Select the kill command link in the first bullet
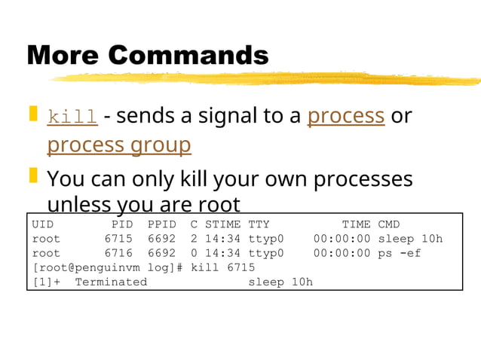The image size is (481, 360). (x=72, y=117)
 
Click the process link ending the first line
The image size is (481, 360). (x=346, y=116)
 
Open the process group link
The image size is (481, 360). (x=118, y=144)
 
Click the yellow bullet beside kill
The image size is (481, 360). (x=33, y=114)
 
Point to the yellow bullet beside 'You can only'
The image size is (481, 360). (x=33, y=177)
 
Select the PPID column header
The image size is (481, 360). (x=162, y=224)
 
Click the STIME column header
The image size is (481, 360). (x=223, y=224)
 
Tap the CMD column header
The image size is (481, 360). (x=389, y=224)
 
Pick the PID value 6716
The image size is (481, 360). (x=118, y=253)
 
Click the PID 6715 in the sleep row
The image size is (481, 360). (x=118, y=239)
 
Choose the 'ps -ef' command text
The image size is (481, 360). (x=400, y=253)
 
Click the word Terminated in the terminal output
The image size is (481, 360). (x=111, y=282)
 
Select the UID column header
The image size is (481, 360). (x=43, y=224)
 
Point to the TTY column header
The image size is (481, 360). (x=259, y=224)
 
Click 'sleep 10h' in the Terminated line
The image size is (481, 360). (x=280, y=282)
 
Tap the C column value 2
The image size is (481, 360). (x=194, y=239)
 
